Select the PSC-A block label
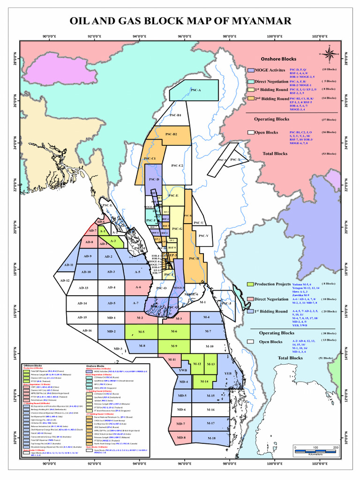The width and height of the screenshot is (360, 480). (195, 90)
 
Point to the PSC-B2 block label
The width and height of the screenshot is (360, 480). (171, 135)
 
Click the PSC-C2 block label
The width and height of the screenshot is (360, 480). (177, 165)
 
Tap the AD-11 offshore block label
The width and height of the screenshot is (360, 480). (69, 265)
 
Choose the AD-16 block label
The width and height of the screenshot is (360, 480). (87, 330)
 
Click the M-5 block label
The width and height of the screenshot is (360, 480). (141, 332)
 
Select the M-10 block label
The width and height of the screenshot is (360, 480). (209, 346)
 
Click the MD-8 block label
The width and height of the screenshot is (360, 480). (181, 438)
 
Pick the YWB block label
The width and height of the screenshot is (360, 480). (183, 370)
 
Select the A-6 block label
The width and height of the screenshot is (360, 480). (138, 287)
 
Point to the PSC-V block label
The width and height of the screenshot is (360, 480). (204, 235)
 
